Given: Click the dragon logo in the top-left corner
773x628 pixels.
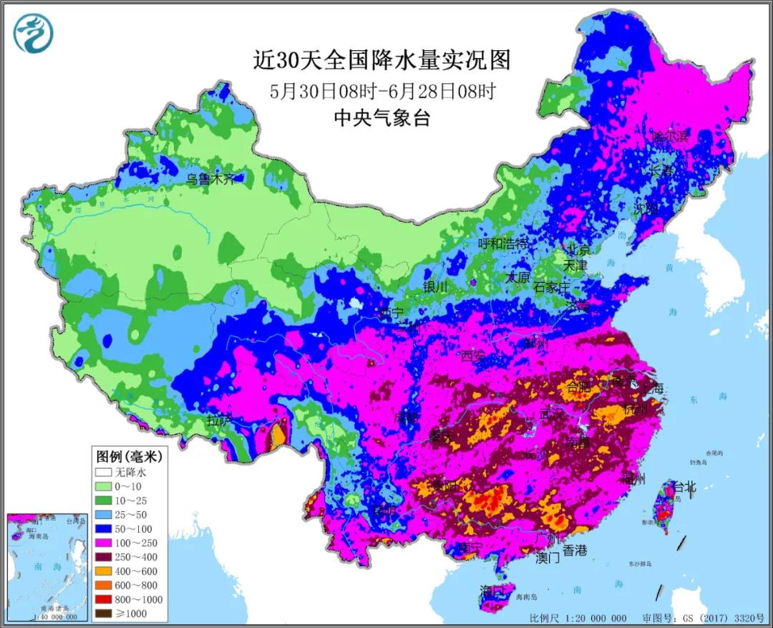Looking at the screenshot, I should (33, 33).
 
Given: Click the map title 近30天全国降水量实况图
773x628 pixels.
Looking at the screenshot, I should (381, 60).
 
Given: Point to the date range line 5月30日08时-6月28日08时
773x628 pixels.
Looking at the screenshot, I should (382, 91).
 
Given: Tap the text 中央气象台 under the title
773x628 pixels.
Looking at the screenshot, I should (381, 118).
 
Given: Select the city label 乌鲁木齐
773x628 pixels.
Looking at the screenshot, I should (210, 180).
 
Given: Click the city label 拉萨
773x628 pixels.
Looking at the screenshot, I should (219, 421).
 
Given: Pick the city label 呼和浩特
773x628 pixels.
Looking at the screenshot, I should (503, 243).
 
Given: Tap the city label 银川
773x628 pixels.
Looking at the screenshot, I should (435, 286).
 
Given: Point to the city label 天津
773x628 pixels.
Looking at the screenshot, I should (574, 266).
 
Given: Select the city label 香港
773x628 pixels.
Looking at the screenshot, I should (575, 550).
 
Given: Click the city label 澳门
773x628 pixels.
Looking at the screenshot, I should (548, 558).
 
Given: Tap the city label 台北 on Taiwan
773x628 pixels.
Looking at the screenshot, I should (684, 488).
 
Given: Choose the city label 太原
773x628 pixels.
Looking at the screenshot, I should (517, 276).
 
